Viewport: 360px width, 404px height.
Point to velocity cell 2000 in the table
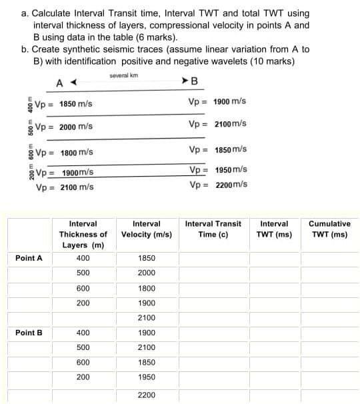click(146, 273)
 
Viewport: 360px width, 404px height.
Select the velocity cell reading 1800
click(146, 288)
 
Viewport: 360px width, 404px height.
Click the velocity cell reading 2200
click(146, 395)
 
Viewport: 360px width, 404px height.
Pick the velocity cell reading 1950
click(146, 377)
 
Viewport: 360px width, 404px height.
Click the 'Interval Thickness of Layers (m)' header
click(83, 235)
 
